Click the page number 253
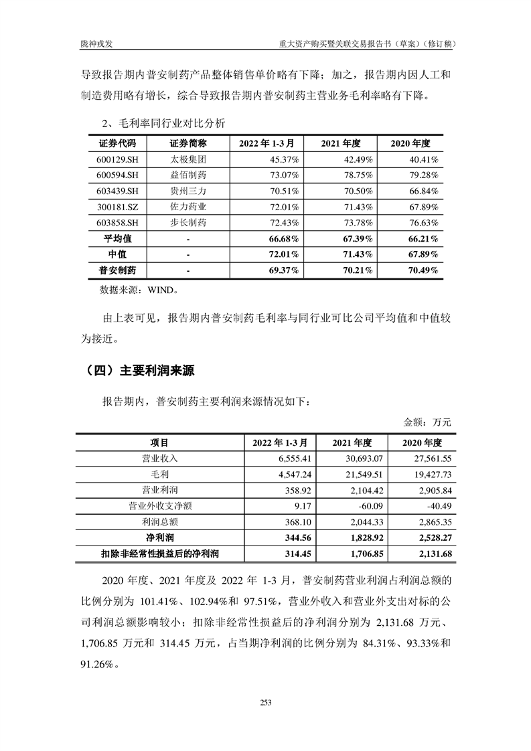point(265,702)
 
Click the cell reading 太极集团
point(188,160)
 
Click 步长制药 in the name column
point(188,223)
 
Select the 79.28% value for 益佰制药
point(425,175)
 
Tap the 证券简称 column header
point(188,143)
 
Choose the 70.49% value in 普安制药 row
point(425,270)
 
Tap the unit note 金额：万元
point(427,422)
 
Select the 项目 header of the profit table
point(159,442)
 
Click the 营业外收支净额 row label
point(159,505)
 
